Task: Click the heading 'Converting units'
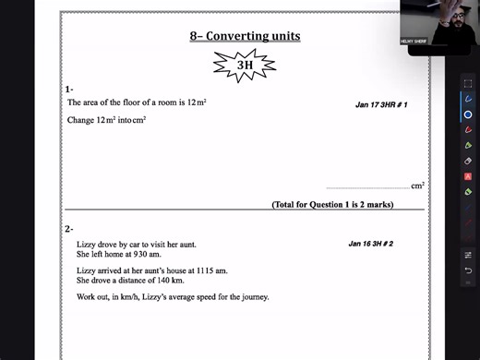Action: coord(245,36)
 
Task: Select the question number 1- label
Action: coord(70,89)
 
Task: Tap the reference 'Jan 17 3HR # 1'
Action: coord(381,105)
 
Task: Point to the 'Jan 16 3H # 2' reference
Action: coord(371,244)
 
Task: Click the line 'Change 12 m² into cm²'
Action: coord(107,120)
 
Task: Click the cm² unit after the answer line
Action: coord(418,186)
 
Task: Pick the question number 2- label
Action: coord(70,228)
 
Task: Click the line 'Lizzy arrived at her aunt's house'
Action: coord(152,270)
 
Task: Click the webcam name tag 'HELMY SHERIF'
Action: coord(413,42)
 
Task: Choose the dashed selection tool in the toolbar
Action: coord(468,83)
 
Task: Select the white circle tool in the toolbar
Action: coord(468,114)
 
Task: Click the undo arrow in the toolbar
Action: coord(468,270)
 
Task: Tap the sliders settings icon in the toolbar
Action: coord(468,254)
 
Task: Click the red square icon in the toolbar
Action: coord(468,176)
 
